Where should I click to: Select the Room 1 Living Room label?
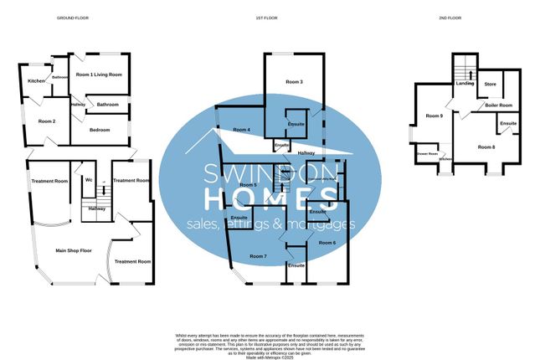pyautogui.click(x=99, y=75)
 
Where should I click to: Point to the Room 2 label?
pyautogui.click(x=47, y=121)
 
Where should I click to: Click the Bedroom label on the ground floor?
pyautogui.click(x=100, y=130)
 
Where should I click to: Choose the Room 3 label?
pyautogui.click(x=293, y=82)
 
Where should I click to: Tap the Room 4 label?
pyautogui.click(x=241, y=130)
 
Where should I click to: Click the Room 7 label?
pyautogui.click(x=258, y=255)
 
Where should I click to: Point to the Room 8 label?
pyautogui.click(x=486, y=147)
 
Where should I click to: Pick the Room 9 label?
pyautogui.click(x=434, y=116)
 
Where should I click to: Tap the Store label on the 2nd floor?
pyautogui.click(x=491, y=85)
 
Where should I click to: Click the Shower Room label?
pyautogui.click(x=427, y=154)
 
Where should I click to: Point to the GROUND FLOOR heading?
pyautogui.click(x=72, y=18)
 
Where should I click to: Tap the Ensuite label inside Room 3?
pyautogui.click(x=296, y=124)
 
